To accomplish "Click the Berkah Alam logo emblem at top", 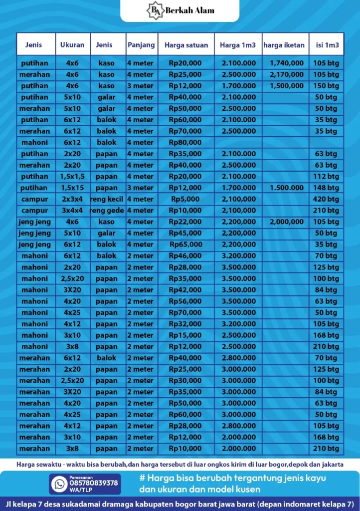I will (x=153, y=10).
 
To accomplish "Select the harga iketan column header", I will (x=284, y=45).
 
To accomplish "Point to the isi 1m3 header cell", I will (x=326, y=45).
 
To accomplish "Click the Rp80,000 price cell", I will (x=185, y=142).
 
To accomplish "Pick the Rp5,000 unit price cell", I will (x=185, y=199).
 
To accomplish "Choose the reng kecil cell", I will (x=107, y=199).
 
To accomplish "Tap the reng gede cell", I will (x=107, y=211).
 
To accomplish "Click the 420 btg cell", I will (x=326, y=199).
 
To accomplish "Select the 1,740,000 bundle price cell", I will (x=287, y=63).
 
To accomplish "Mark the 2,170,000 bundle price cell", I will (x=287, y=74).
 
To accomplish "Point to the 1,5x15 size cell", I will (x=72, y=188).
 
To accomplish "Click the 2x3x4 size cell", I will (x=72, y=199).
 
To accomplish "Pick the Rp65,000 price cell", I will (x=185, y=245).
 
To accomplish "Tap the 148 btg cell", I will (x=326, y=188).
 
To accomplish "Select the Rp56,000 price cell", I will (x=185, y=301).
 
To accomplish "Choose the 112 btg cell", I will (x=326, y=176).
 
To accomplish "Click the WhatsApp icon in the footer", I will (x=59, y=484).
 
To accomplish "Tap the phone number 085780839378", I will (x=94, y=483).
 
